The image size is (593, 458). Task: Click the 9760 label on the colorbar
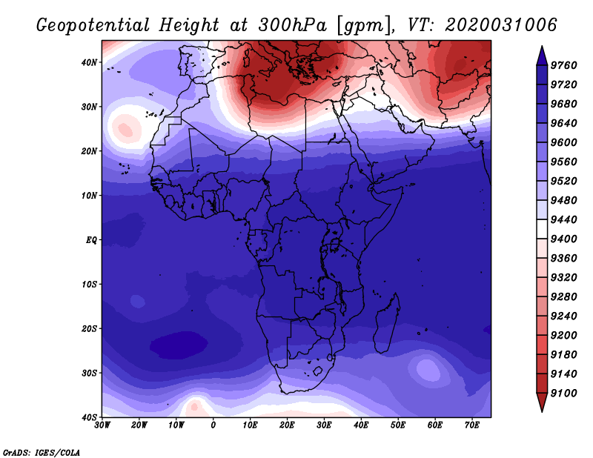click(563, 65)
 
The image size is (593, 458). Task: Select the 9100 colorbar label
click(563, 393)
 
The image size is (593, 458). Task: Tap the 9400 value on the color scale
click(563, 239)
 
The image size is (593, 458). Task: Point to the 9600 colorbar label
click(563, 142)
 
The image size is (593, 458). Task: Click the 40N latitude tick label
click(89, 62)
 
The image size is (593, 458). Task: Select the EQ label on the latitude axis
click(91, 240)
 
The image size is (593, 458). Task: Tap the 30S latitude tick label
click(89, 373)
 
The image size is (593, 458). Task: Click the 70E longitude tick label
click(472, 425)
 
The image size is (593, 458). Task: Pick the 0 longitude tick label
click(213, 425)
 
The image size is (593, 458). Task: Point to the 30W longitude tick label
click(102, 425)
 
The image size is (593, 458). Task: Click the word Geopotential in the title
click(93, 25)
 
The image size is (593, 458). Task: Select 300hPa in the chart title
click(292, 25)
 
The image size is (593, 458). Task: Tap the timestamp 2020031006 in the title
click(501, 25)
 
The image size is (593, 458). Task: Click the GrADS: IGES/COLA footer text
click(42, 452)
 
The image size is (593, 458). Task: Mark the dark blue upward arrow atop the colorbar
click(542, 56)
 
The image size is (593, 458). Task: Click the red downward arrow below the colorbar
click(542, 402)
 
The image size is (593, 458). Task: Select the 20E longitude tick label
click(287, 425)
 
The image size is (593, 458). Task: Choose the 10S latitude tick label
click(89, 284)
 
